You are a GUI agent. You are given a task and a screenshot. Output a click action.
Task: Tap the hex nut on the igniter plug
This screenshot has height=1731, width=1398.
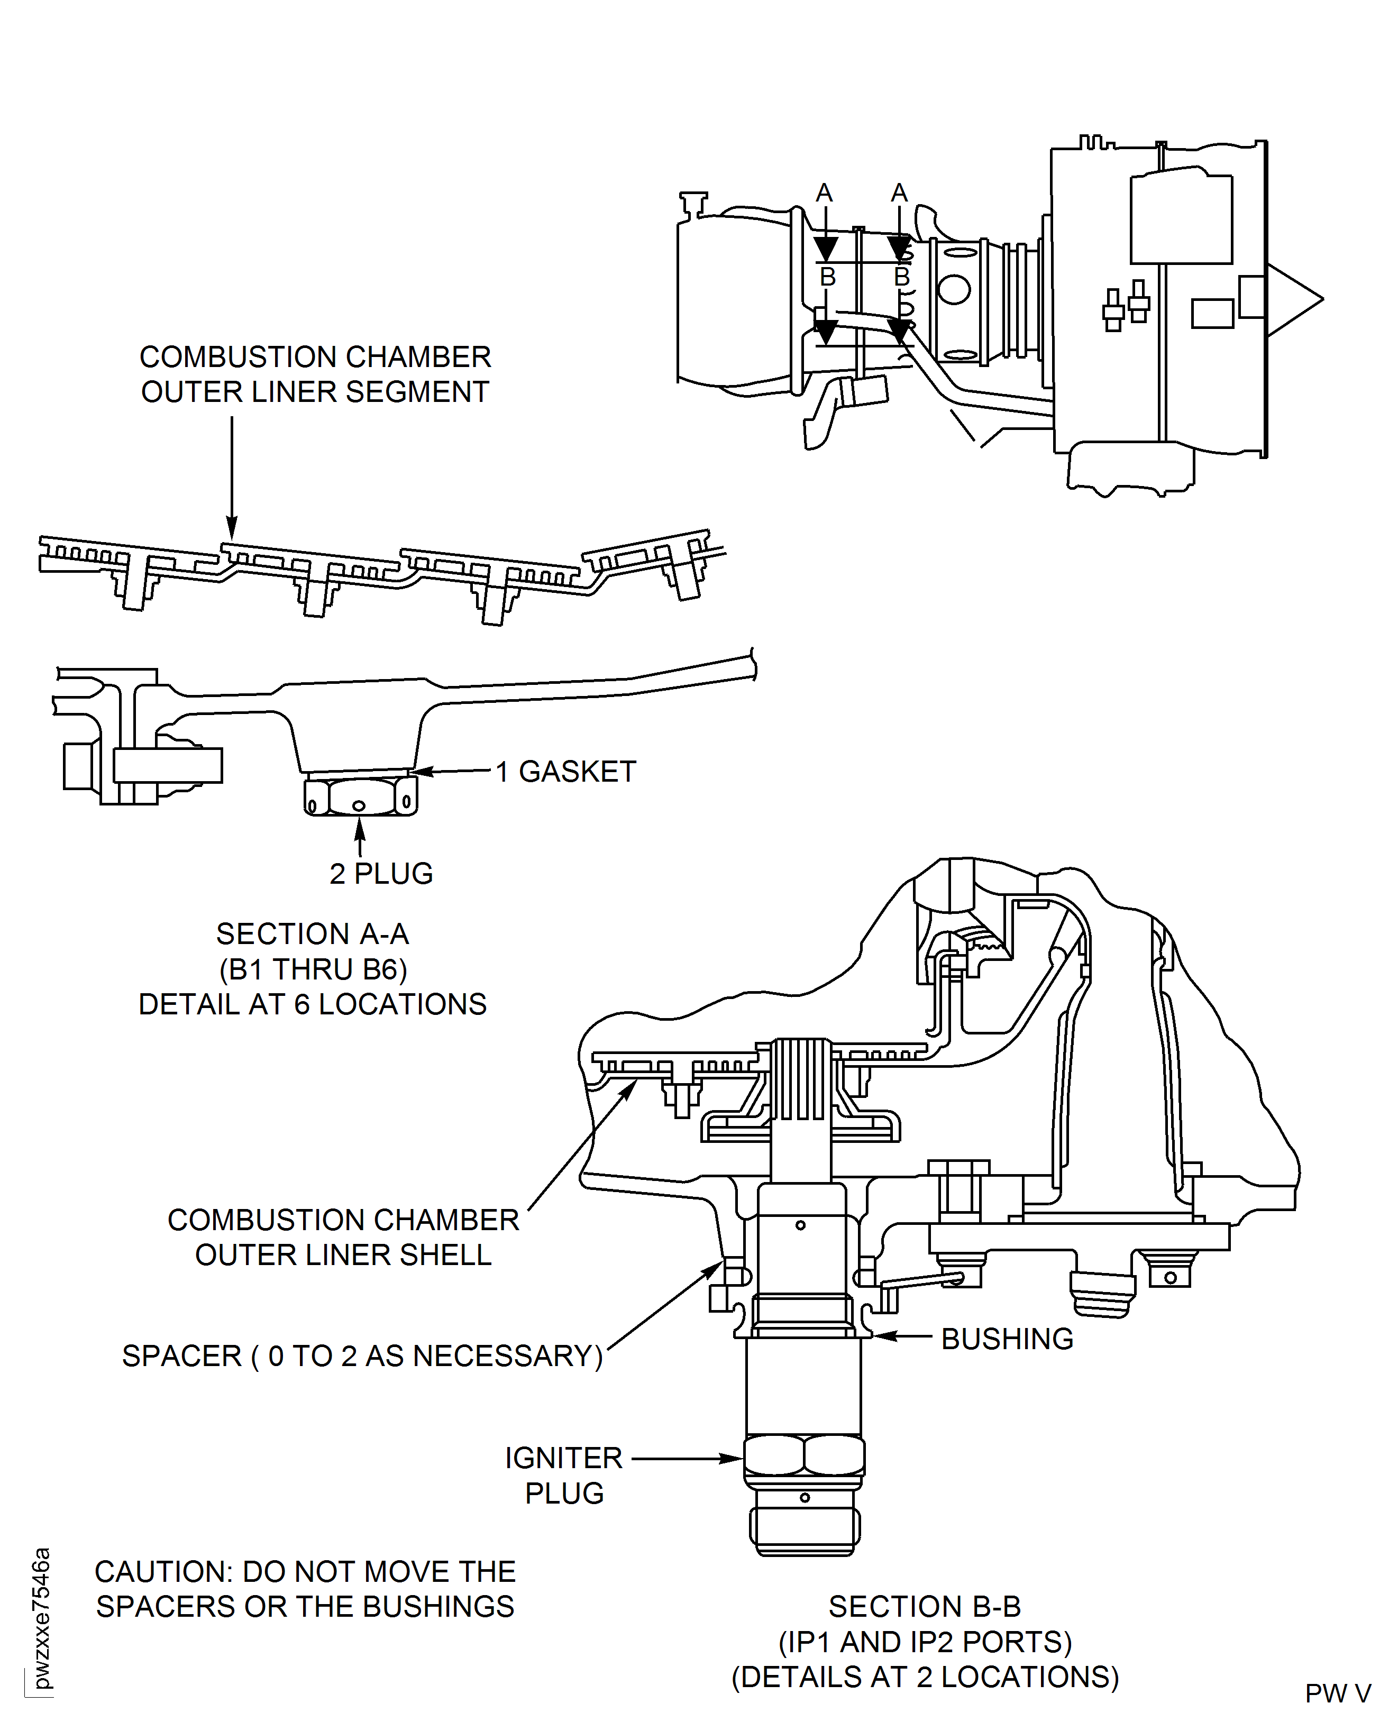point(803,1455)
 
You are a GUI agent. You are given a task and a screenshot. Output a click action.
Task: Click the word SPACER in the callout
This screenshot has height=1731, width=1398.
point(181,1356)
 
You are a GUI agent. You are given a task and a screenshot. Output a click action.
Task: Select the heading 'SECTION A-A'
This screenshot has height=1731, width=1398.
point(313,934)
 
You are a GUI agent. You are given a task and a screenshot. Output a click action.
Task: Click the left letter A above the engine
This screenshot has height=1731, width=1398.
point(824,193)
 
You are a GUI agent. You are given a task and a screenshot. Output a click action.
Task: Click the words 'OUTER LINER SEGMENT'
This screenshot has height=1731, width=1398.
point(315,392)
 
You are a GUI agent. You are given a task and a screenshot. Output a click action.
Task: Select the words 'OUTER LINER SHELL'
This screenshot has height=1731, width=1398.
point(343,1254)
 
